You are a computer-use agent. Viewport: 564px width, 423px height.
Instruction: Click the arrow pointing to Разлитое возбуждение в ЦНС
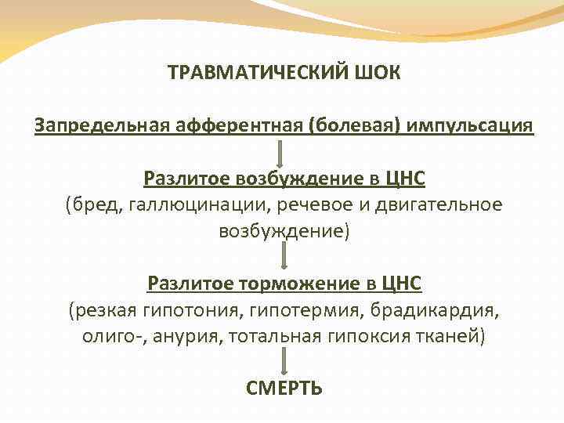click(x=284, y=153)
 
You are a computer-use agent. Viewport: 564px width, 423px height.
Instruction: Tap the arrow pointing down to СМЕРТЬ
click(x=284, y=361)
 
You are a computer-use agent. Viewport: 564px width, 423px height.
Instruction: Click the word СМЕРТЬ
click(x=284, y=388)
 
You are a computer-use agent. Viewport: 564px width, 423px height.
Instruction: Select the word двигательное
click(x=443, y=204)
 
